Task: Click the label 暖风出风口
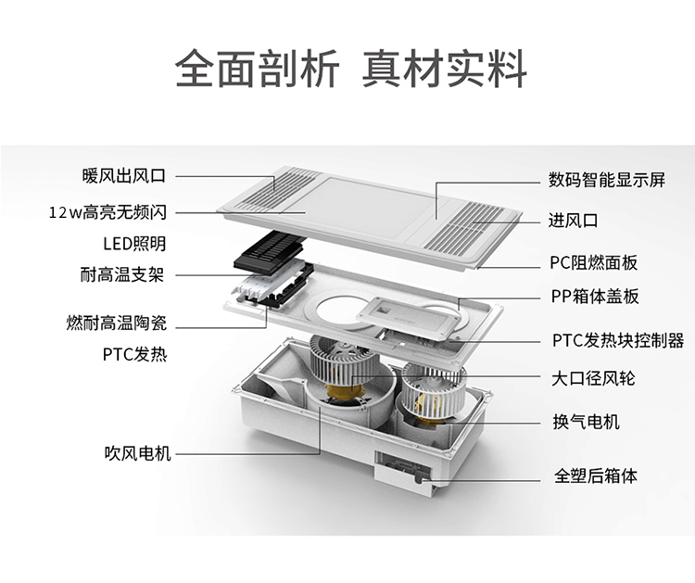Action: [123, 176]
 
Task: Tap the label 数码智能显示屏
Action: [607, 180]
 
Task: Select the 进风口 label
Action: [573, 220]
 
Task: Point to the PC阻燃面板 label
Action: [594, 262]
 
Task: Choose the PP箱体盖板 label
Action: [595, 296]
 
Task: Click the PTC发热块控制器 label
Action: [618, 340]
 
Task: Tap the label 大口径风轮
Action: [593, 378]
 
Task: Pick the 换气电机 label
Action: [586, 421]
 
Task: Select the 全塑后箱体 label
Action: [596, 475]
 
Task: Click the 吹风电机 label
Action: [138, 453]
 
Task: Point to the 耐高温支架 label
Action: [122, 274]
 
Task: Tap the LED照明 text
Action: [134, 244]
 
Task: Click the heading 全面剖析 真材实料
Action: [351, 69]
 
